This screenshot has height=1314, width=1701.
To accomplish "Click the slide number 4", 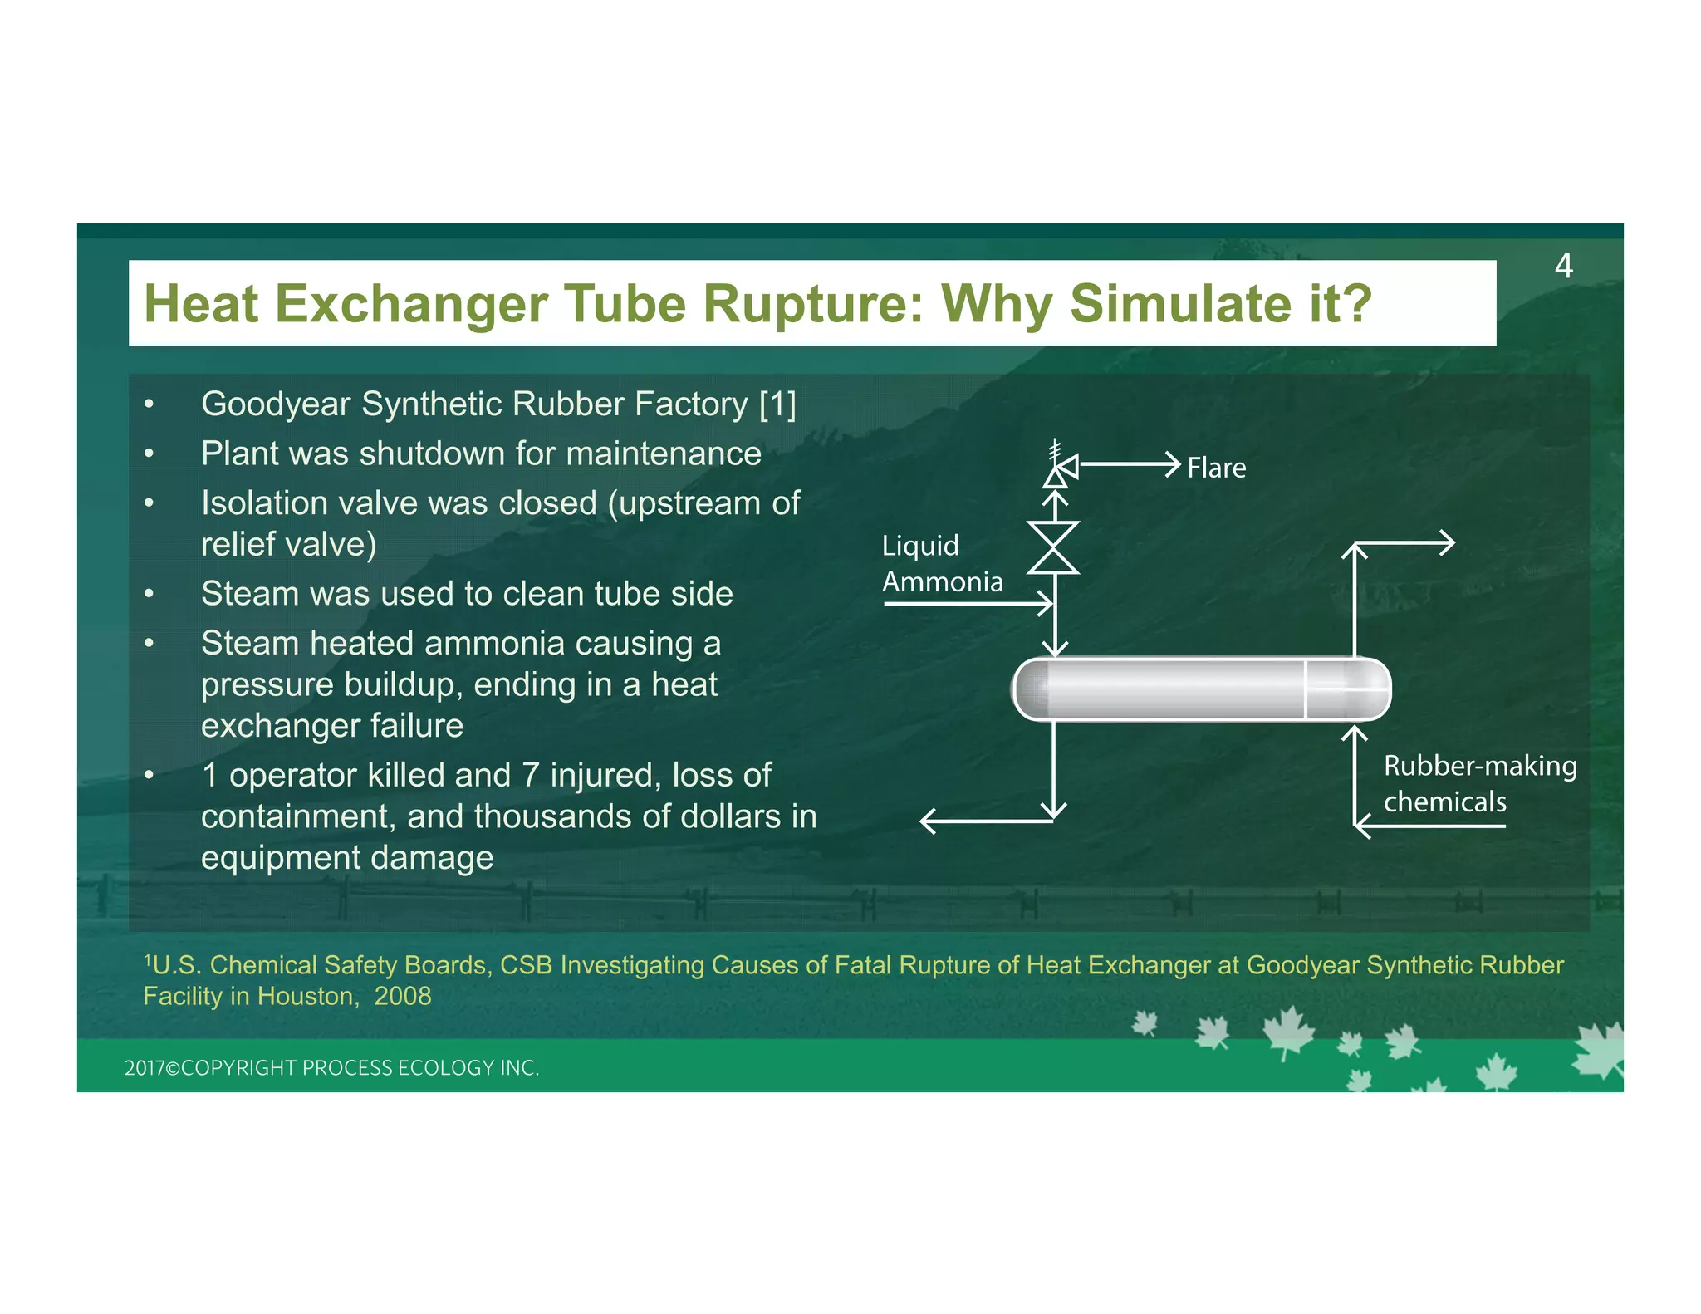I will pos(1563,267).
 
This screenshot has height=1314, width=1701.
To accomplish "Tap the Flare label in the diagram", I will pos(1216,468).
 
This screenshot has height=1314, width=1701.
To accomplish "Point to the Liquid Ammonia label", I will pos(941,564).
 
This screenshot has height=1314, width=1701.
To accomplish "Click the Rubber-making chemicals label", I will pos(1478,783).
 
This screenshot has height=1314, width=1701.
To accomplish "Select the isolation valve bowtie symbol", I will pos(1053,548).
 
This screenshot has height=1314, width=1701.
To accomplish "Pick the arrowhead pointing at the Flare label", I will pos(1173,464).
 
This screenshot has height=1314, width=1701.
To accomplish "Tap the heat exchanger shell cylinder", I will pos(1201,689).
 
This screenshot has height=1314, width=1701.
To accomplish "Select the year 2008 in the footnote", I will pos(403,996).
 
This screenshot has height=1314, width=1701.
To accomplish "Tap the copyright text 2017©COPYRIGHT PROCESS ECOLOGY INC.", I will pos(331,1068).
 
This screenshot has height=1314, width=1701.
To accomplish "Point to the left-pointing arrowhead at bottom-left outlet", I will pos(929,822).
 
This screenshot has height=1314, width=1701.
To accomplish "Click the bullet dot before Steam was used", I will pos(150,595).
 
